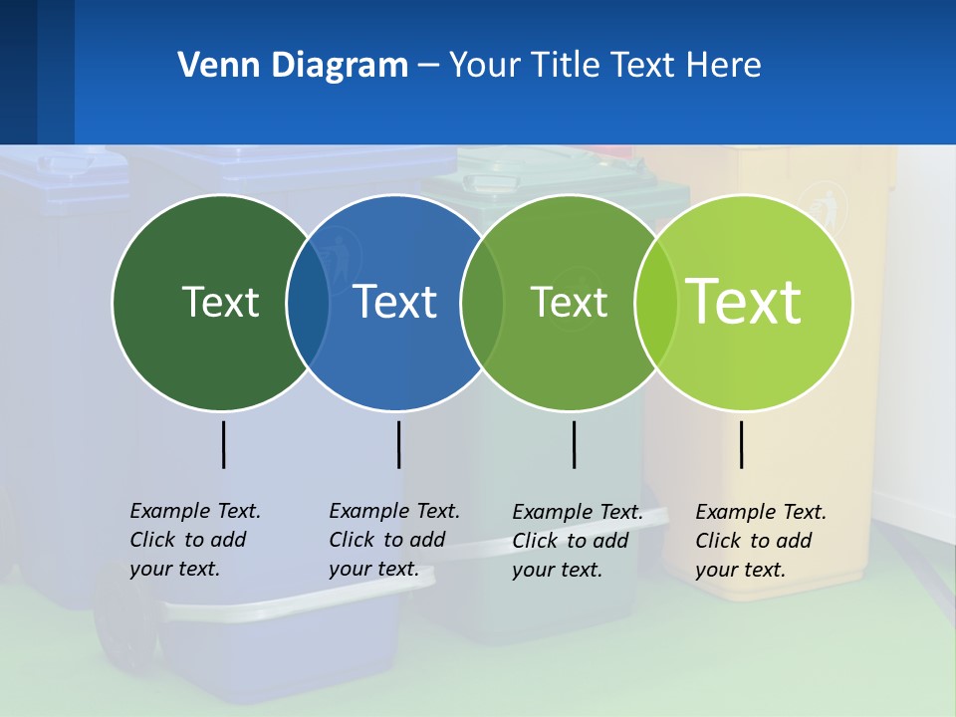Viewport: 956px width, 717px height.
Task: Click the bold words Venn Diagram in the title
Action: (293, 66)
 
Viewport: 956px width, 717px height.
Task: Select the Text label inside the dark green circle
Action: (220, 302)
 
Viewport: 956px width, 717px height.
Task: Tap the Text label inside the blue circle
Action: (395, 302)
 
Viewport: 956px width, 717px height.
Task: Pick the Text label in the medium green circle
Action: (569, 302)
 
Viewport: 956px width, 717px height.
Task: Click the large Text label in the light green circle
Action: (744, 301)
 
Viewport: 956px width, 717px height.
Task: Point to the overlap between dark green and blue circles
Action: (308, 303)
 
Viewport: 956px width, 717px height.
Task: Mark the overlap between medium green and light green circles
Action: (656, 303)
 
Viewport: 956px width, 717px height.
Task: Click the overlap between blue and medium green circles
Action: (482, 303)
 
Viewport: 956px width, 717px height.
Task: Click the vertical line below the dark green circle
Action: (223, 444)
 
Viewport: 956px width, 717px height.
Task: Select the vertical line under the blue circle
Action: (398, 444)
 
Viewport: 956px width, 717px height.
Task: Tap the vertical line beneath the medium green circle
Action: (574, 444)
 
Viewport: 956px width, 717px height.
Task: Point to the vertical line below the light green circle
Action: (741, 444)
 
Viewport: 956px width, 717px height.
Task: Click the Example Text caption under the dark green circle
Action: (195, 540)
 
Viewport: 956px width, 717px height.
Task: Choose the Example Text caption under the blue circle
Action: (394, 540)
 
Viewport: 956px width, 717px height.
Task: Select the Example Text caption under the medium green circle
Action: (578, 541)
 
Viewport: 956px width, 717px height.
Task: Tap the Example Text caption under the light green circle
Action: (761, 541)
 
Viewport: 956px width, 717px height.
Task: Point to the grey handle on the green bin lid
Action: (496, 180)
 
